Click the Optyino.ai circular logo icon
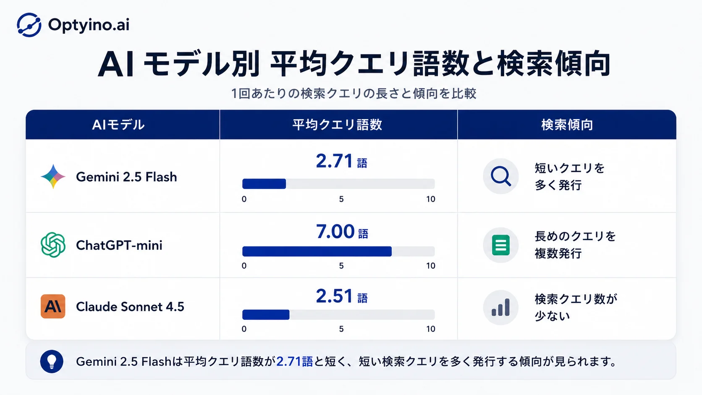[29, 25]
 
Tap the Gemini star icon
[53, 176]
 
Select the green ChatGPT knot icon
[53, 245]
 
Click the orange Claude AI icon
[53, 306]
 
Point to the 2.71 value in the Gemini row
[334, 161]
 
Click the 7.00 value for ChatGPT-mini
[335, 231]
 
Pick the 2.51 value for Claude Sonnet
[334, 296]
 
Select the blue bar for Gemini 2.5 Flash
[264, 183]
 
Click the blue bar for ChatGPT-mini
[317, 251]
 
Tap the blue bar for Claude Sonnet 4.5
[266, 314]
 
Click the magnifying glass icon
[501, 176]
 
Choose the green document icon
[501, 245]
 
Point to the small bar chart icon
[500, 307]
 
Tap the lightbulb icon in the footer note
[52, 361]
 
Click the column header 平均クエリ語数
[337, 125]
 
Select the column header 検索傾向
[567, 125]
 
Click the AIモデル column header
[118, 125]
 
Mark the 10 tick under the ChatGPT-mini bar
[431, 266]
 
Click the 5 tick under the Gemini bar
[341, 199]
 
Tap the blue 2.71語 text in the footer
[295, 361]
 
